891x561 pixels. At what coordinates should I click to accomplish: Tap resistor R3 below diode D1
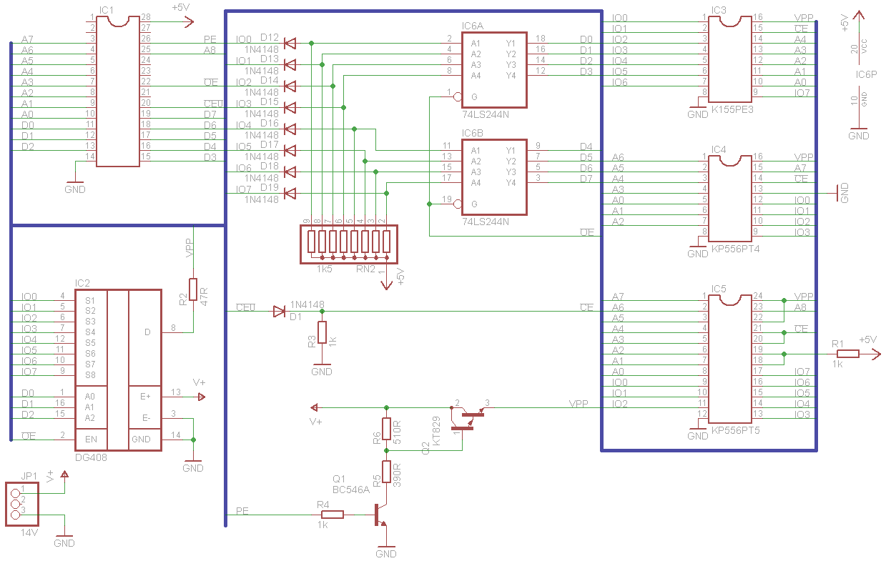point(322,332)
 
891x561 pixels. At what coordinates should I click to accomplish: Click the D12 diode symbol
point(290,44)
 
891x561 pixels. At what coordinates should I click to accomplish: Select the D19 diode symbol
point(290,193)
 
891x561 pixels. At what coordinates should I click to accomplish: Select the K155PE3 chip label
point(732,111)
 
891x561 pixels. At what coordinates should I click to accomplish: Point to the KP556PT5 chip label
point(735,432)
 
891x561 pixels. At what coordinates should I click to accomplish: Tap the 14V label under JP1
point(29,533)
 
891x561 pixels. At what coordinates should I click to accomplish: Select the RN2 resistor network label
point(365,269)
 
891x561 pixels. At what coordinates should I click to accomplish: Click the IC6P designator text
point(866,74)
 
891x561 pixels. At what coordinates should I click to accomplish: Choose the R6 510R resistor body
point(386,429)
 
